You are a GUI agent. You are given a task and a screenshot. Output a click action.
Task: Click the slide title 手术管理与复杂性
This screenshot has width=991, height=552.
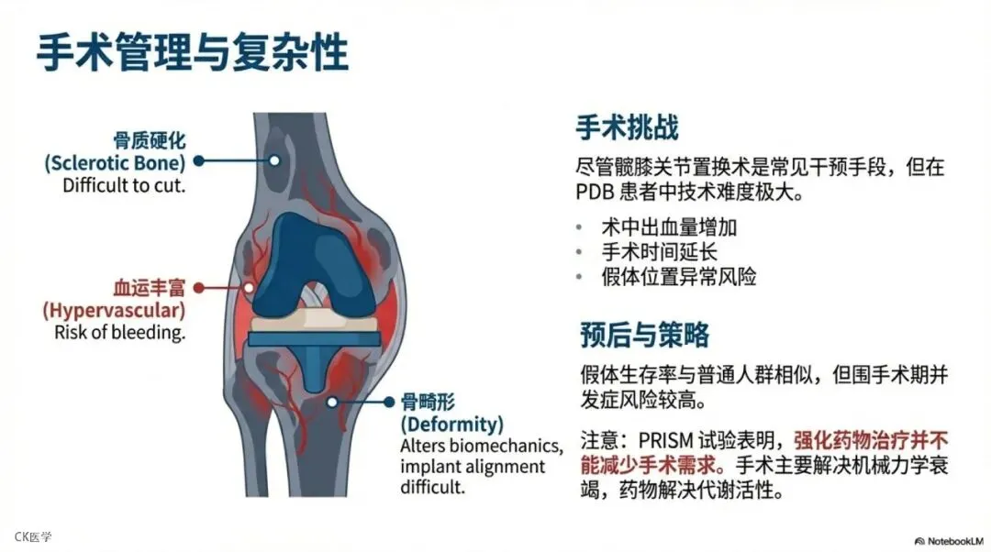point(193,53)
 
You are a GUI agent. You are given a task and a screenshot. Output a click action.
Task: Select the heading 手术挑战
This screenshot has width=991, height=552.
point(627,127)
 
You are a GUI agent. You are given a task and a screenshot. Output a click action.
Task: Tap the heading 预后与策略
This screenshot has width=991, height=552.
point(644,334)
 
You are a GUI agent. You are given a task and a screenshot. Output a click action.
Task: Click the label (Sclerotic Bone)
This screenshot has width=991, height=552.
point(115,162)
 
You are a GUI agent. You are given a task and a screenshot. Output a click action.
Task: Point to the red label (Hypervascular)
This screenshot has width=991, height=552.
point(114,310)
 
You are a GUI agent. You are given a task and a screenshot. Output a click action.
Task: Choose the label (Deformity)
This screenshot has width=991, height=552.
point(452,425)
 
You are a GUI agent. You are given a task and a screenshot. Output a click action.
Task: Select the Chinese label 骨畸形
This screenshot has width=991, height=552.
point(428,403)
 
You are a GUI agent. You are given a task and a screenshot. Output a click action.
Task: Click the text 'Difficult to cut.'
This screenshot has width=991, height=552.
point(124,184)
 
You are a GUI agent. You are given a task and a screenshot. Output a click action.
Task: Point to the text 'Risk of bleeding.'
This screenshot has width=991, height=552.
point(120,332)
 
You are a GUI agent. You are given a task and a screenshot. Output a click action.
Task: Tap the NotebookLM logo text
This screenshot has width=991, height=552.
point(953,540)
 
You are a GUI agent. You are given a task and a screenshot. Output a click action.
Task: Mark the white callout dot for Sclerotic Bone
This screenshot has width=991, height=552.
point(273,160)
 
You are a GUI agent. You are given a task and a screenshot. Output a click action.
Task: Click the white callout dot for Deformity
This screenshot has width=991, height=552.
point(333,401)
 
